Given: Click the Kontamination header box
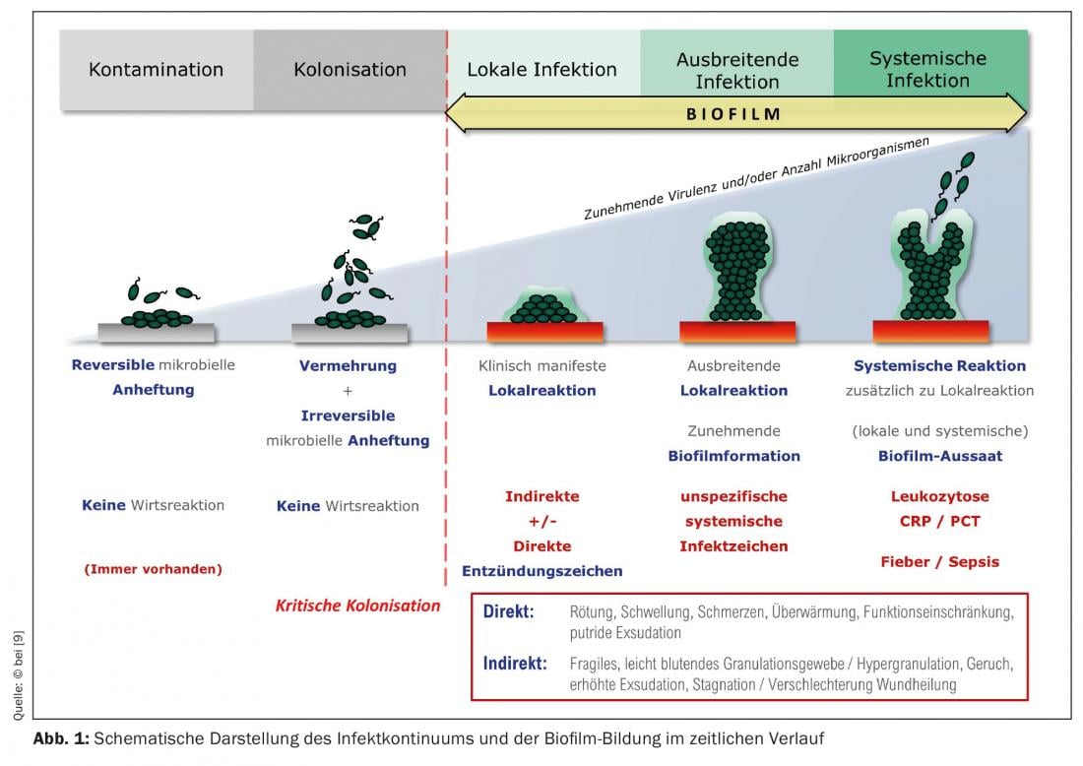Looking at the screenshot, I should click(x=156, y=70).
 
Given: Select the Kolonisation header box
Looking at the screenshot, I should click(x=350, y=70).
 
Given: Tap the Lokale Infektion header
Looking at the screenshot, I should click(x=541, y=70).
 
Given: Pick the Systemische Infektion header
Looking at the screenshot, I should click(x=927, y=69).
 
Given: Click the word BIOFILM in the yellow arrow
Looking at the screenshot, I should click(x=733, y=114).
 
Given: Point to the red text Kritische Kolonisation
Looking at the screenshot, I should click(x=357, y=606).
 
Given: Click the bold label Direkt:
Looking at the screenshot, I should click(x=508, y=611).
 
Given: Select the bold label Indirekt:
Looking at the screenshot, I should click(x=515, y=663).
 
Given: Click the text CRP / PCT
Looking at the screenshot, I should click(x=939, y=521).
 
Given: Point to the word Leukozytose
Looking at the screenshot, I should click(x=939, y=496).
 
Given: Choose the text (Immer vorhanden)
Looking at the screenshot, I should click(x=153, y=568).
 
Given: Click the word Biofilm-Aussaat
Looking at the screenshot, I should click(x=939, y=456).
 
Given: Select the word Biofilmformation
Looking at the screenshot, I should click(x=733, y=456).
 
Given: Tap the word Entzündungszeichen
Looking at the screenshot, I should click(x=541, y=571).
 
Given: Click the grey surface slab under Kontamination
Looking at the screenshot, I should click(x=155, y=333).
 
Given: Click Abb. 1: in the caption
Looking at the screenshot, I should click(x=60, y=738).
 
